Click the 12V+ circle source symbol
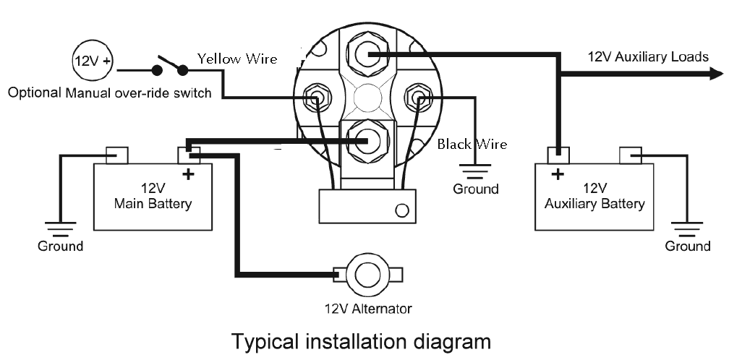pyautogui.click(x=92, y=61)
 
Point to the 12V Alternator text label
pyautogui.click(x=367, y=309)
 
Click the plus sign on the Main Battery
pyautogui.click(x=188, y=174)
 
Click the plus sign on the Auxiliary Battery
pyautogui.click(x=557, y=174)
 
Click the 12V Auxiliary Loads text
pyautogui.click(x=648, y=56)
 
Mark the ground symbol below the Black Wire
pyautogui.click(x=475, y=171)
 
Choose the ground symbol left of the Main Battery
pyautogui.click(x=60, y=227)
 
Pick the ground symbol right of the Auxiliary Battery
pyautogui.click(x=688, y=227)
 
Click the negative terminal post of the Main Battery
pyautogui.click(x=117, y=154)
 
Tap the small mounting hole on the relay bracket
pyautogui.click(x=402, y=211)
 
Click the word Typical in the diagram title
pyautogui.click(x=264, y=340)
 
